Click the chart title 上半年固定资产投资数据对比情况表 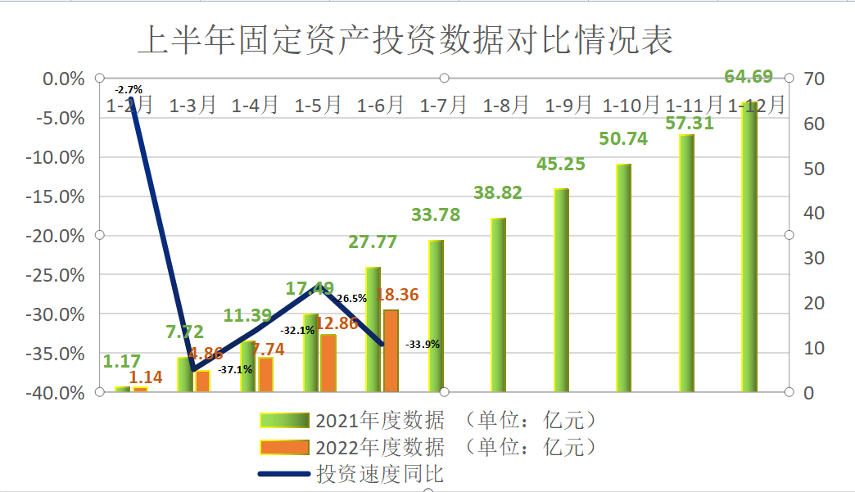(x=405, y=40)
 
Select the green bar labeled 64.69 (x=749, y=246)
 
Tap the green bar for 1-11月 (x=686, y=262)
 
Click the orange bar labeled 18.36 (x=391, y=350)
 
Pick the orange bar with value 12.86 (x=328, y=363)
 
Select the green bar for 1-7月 (x=436, y=315)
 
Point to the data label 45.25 (x=561, y=165)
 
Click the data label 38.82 (x=498, y=193)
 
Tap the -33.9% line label (x=423, y=345)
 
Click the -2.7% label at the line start (x=129, y=88)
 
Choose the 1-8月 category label (x=506, y=105)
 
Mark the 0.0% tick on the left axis (x=64, y=79)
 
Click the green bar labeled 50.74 (x=624, y=278)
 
